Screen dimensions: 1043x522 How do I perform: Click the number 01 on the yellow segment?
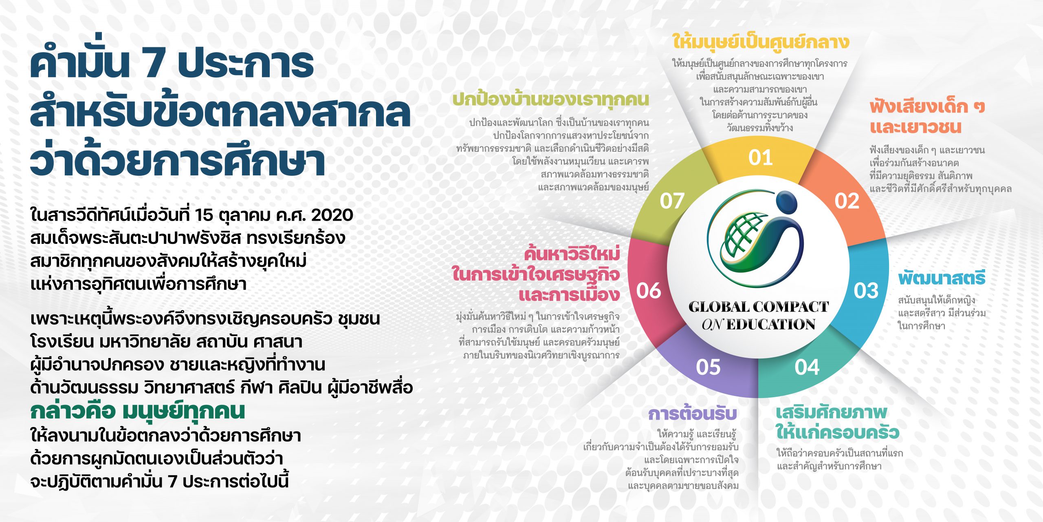pos(760,158)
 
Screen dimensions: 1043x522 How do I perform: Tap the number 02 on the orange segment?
pos(847,201)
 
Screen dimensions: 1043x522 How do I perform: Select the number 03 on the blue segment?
pos(866,291)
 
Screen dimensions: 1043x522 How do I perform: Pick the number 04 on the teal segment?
pos(807,367)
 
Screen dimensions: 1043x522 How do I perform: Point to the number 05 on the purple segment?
pos(708,367)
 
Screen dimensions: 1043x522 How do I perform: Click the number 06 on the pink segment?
pos(649,291)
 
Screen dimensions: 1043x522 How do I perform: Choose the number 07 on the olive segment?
pos(672,201)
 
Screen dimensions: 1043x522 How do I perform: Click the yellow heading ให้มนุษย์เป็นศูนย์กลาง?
pos(760,42)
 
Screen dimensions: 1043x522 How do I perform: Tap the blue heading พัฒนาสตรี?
pos(942,278)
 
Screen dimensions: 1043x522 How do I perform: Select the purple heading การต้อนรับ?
pos(693,414)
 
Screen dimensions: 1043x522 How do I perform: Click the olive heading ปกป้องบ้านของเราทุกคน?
pos(551,100)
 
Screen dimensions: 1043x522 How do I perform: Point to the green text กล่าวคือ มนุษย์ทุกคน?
pos(138,411)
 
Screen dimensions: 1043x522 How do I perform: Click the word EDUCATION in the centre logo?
pos(770,325)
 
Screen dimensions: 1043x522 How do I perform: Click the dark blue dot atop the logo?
pos(786,203)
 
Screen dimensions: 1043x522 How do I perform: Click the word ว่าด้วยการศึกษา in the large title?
pos(178,161)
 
